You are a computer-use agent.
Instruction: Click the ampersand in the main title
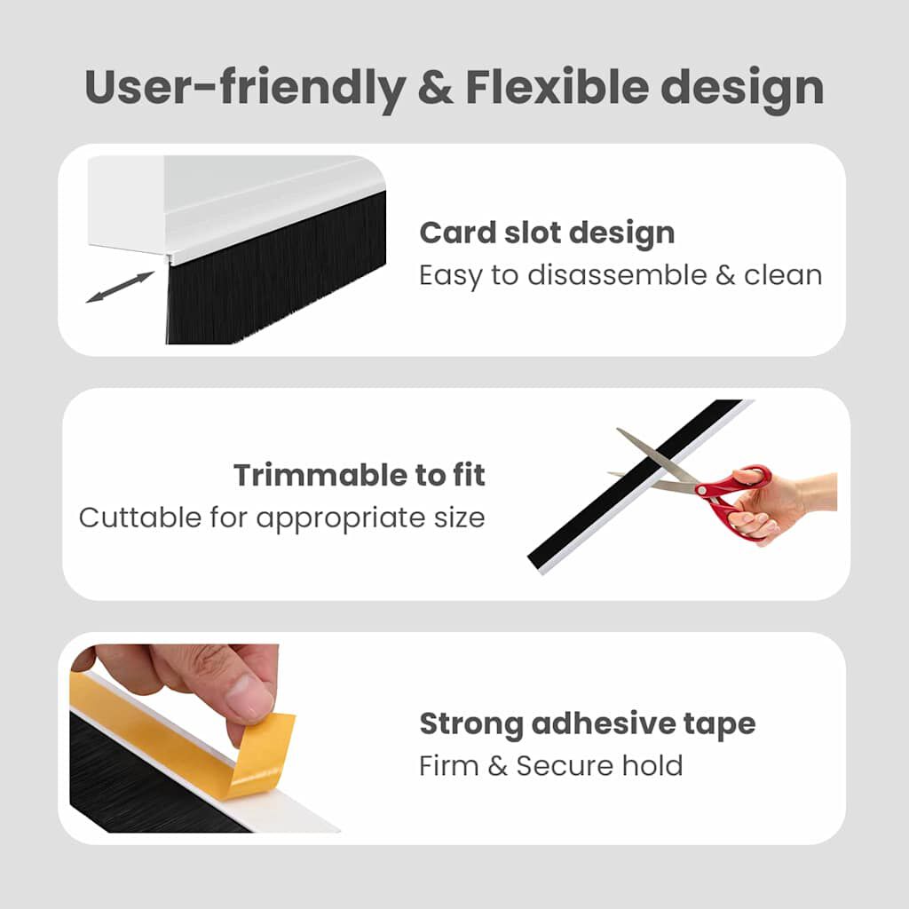click(433, 88)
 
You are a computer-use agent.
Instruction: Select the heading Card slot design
click(547, 233)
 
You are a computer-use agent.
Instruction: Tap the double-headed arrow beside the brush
click(120, 288)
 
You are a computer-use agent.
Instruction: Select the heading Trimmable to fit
click(360, 476)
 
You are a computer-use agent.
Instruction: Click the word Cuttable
click(139, 518)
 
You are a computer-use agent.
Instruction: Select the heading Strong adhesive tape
click(588, 723)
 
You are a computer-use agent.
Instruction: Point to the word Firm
click(449, 765)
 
